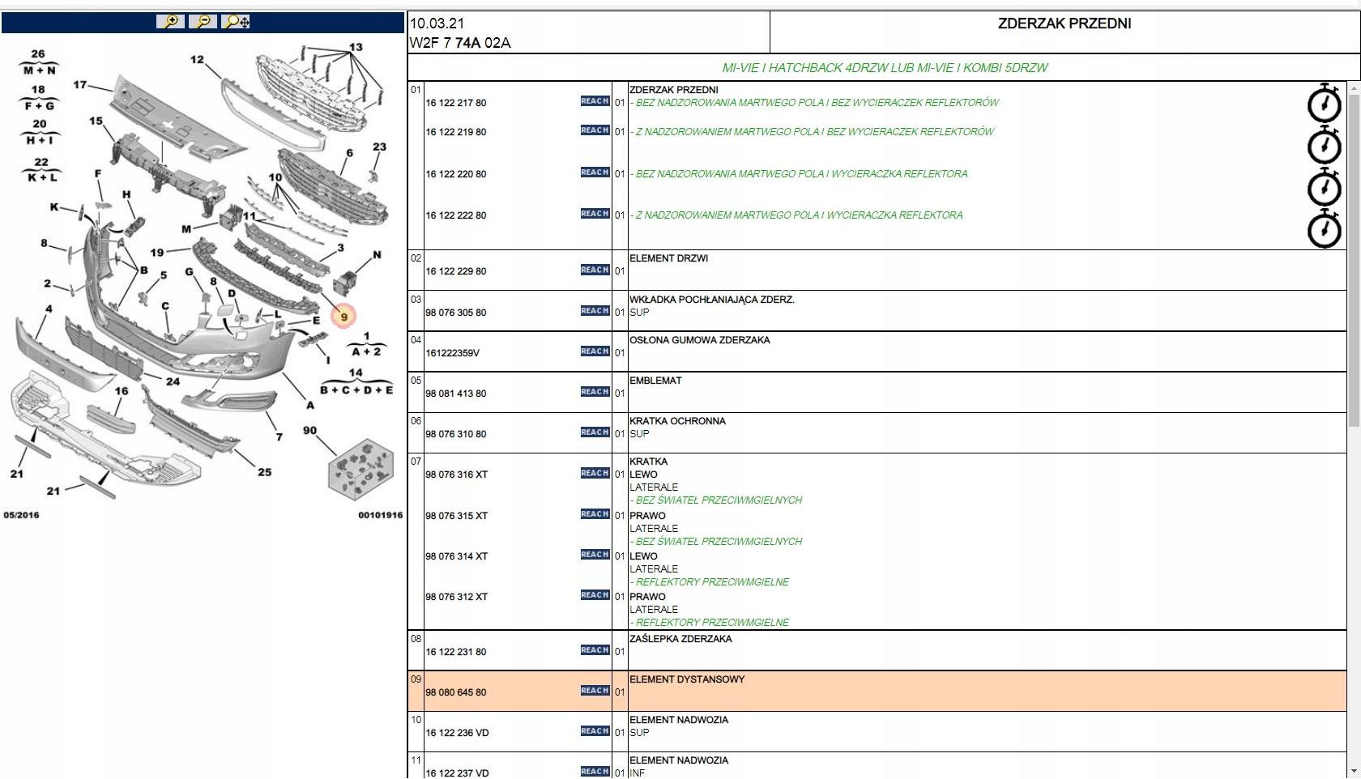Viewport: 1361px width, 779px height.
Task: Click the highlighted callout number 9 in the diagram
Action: (x=344, y=317)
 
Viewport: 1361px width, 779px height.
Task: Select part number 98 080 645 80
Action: (x=455, y=692)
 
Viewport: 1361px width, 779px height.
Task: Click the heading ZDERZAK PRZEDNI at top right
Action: (x=1064, y=23)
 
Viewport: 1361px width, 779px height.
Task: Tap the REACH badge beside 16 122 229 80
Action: (x=595, y=270)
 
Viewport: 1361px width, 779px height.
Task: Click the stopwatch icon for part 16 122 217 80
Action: (x=1324, y=103)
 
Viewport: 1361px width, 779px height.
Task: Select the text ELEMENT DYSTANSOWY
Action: (x=686, y=679)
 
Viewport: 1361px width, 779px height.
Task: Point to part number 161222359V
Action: (x=452, y=353)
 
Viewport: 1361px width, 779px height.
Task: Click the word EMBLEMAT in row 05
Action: (x=655, y=381)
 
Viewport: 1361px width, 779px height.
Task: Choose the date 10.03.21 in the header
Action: (x=437, y=23)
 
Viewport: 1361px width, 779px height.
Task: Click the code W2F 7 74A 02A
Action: (x=459, y=43)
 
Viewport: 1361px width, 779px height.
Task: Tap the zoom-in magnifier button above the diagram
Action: (x=170, y=22)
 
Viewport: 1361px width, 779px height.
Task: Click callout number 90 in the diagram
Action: (x=309, y=431)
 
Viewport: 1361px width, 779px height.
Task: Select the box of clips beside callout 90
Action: (x=361, y=469)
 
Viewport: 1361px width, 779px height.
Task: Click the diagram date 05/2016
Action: (x=21, y=515)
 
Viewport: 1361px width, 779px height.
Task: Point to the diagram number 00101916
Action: (x=380, y=515)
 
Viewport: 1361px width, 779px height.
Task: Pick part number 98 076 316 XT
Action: (x=456, y=475)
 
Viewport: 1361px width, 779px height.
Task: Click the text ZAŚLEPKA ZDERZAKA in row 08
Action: (x=680, y=639)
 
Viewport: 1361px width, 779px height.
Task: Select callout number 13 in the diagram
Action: (x=356, y=47)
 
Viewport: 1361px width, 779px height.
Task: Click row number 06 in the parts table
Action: (x=416, y=421)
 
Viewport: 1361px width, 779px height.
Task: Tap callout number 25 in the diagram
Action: (x=264, y=472)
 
